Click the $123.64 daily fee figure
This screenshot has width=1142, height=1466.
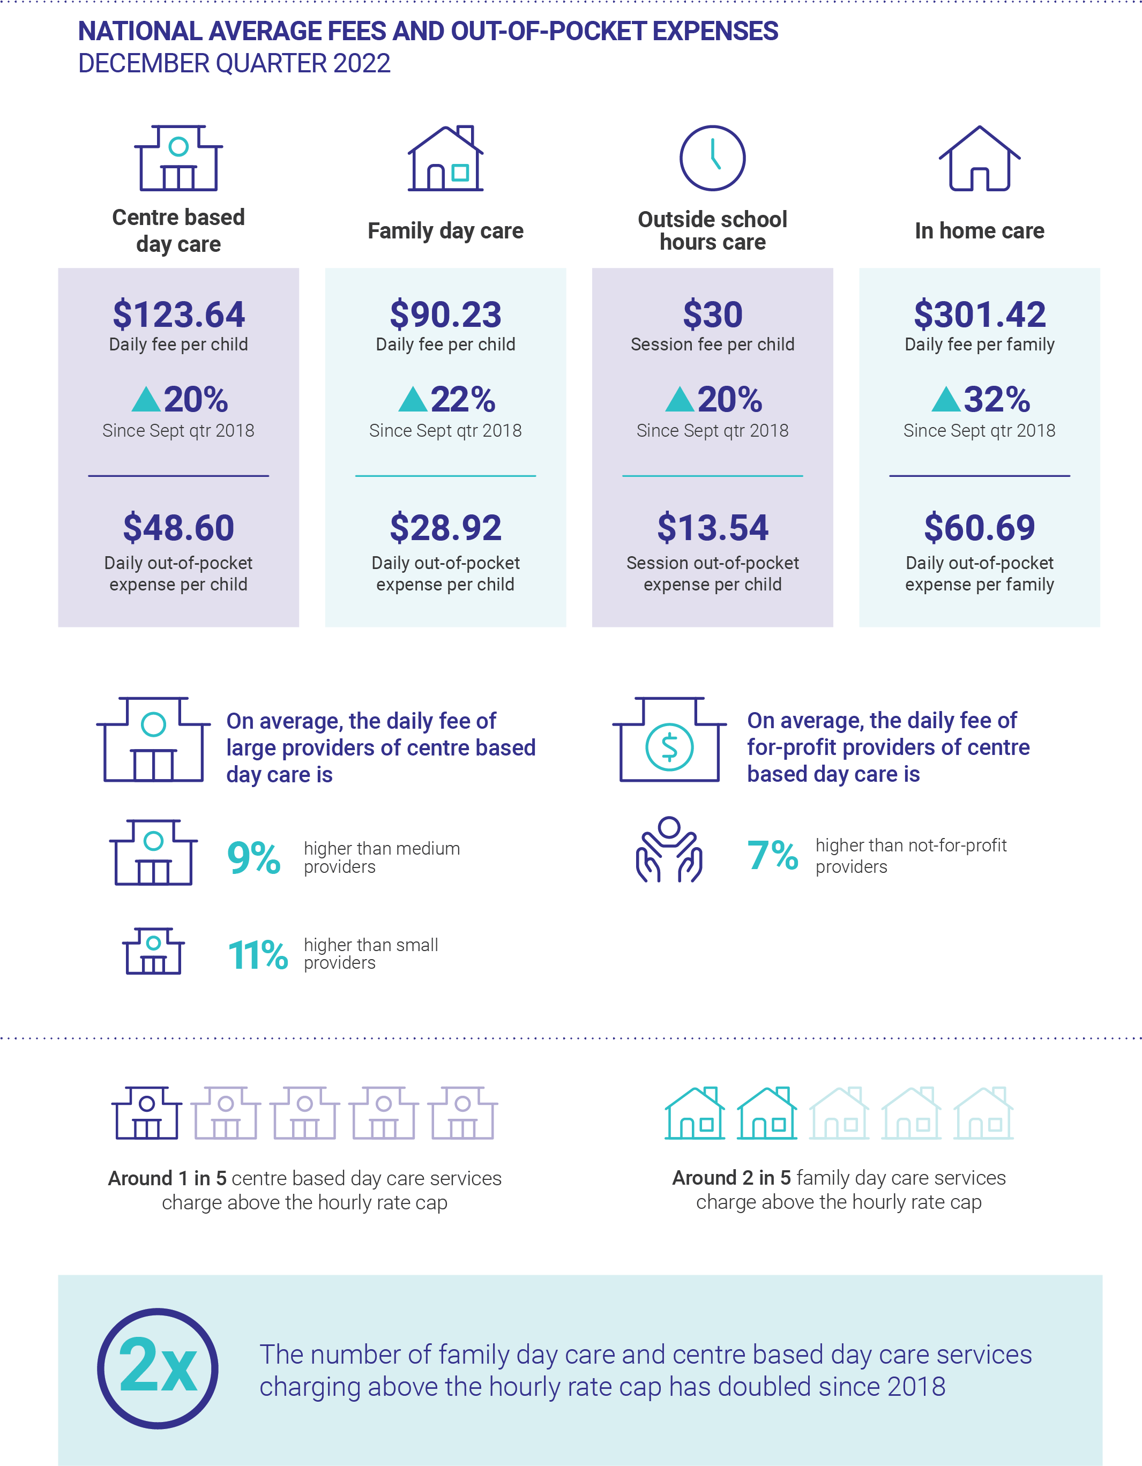(178, 314)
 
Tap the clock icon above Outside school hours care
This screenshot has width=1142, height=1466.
(712, 158)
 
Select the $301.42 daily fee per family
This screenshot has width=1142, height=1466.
(979, 314)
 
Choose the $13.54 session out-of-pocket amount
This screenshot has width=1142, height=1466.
(712, 528)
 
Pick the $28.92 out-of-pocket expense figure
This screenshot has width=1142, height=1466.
(445, 528)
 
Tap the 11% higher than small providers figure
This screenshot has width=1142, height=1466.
(258, 954)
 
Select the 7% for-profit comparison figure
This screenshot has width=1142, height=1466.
(772, 855)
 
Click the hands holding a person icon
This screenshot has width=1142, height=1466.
(669, 850)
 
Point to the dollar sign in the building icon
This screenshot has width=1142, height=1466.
(669, 747)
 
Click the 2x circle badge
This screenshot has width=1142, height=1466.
(158, 1368)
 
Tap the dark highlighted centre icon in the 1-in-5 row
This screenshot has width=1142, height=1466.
(146, 1113)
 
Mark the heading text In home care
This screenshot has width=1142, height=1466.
(979, 231)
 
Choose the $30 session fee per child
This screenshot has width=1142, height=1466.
(712, 314)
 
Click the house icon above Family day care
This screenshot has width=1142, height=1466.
(445, 159)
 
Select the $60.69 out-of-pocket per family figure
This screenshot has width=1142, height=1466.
(979, 528)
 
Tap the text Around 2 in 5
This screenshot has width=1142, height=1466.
(731, 1177)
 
